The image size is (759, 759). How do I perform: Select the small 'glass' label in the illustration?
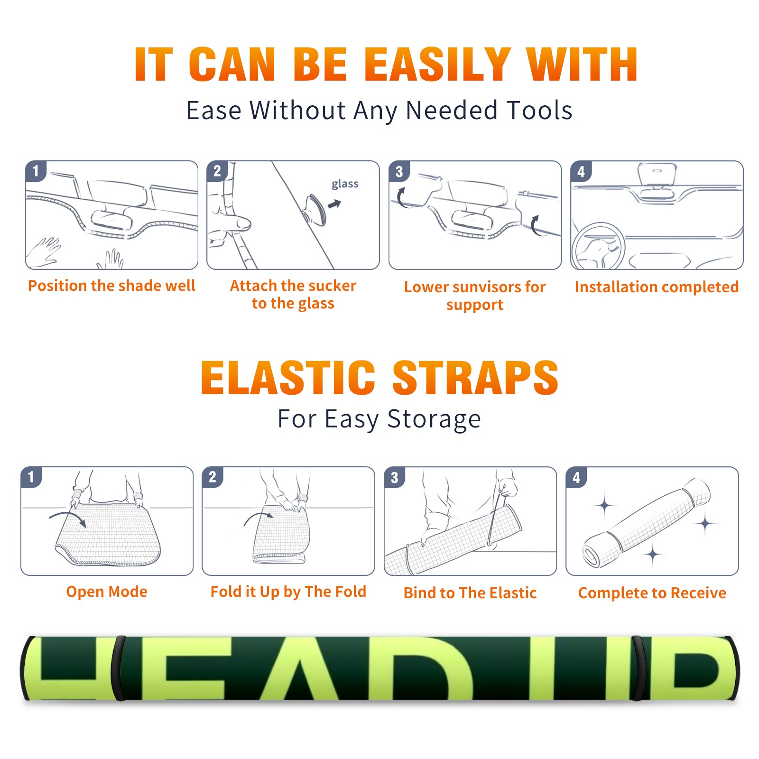(345, 184)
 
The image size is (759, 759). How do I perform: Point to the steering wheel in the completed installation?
(598, 245)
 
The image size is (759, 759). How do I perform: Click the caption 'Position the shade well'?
(111, 286)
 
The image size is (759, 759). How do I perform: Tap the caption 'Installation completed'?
(657, 287)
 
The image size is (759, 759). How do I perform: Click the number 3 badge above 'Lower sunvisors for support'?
(399, 172)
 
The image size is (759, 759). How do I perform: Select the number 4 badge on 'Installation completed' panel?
(581, 172)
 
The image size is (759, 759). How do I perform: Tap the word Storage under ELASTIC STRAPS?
(434, 420)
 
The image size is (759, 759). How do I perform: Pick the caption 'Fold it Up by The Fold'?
(288, 592)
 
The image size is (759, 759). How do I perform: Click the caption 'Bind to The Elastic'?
(470, 593)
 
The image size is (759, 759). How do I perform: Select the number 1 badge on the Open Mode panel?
(31, 477)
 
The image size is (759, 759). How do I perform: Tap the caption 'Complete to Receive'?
(652, 593)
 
